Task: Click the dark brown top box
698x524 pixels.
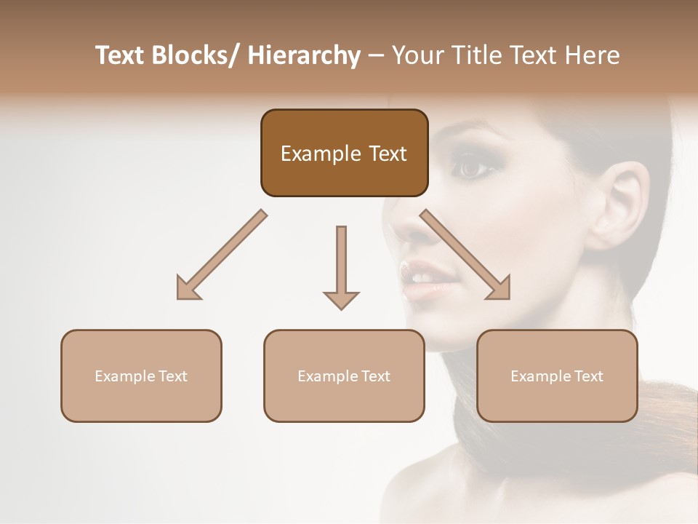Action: point(344,153)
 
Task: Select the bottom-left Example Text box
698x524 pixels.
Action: point(141,376)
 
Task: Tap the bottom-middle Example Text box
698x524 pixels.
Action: point(344,376)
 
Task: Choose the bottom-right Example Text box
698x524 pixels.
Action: point(557,376)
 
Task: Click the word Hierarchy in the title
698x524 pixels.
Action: point(304,55)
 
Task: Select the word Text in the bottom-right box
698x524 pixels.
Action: point(587,376)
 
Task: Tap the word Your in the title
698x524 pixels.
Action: point(419,55)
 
